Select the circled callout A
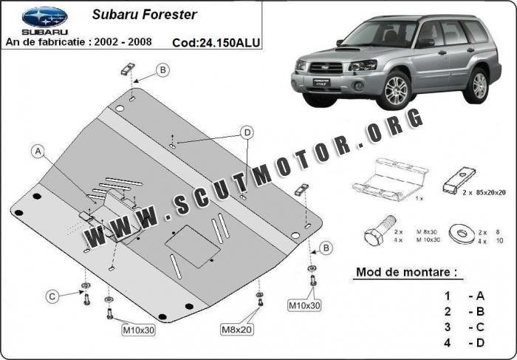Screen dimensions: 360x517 coord(38,152)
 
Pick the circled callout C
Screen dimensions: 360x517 coord(52,296)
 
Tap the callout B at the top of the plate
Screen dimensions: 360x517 coord(162,70)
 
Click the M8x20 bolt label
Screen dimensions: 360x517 coord(235,327)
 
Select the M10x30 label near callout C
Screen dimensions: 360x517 coord(137,330)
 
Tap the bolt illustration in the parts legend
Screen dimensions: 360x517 coord(375,235)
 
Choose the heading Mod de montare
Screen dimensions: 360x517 coord(405,272)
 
